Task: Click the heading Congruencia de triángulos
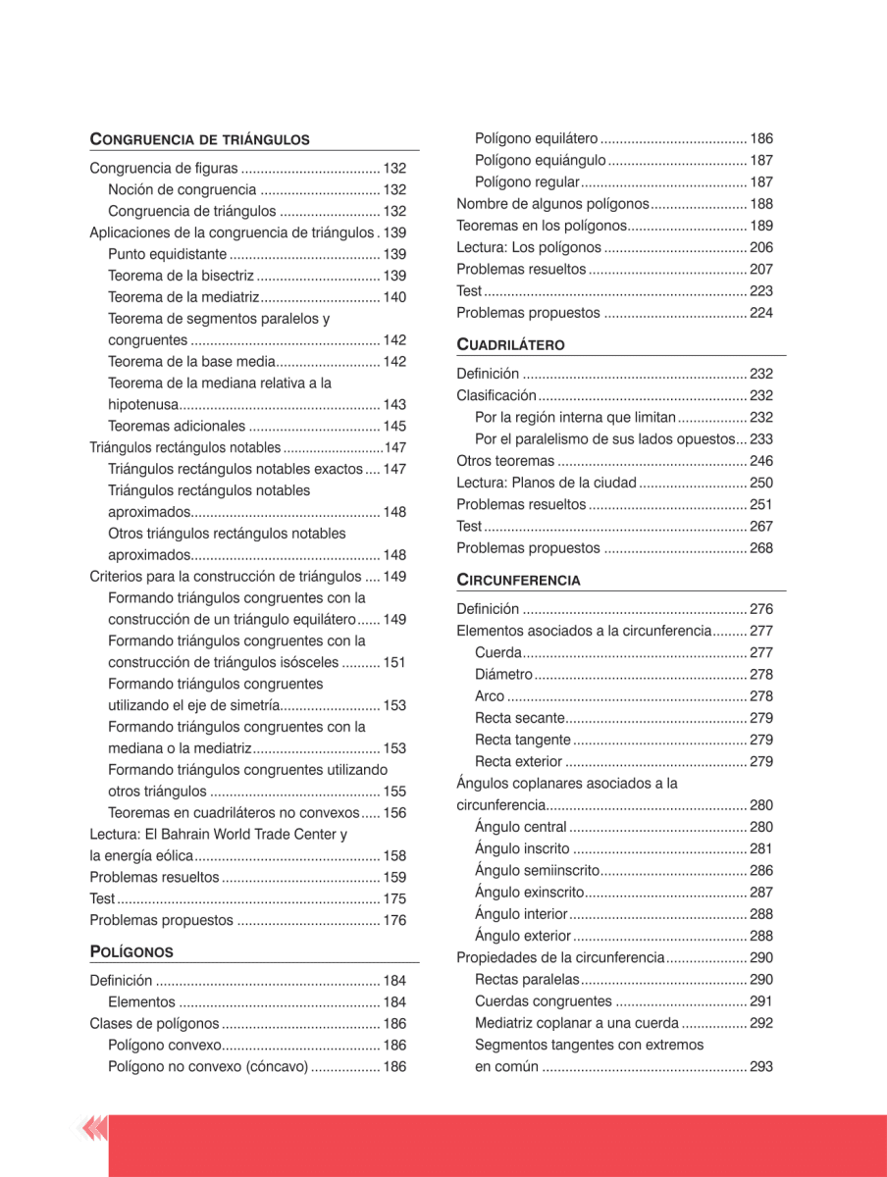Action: coord(199,139)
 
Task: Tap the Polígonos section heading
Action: coord(131,951)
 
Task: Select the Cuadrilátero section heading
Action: coord(510,345)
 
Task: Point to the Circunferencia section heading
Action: coord(518,580)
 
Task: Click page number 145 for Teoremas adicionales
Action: coord(394,427)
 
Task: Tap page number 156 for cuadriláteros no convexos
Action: coord(394,813)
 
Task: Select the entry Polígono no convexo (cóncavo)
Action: coord(208,1067)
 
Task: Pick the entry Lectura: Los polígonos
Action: coord(530,247)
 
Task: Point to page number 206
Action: coord(761,247)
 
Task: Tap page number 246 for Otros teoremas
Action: coord(761,461)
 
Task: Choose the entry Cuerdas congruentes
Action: coord(542,1001)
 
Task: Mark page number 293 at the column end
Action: coord(761,1067)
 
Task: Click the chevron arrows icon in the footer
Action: coord(95,1131)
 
